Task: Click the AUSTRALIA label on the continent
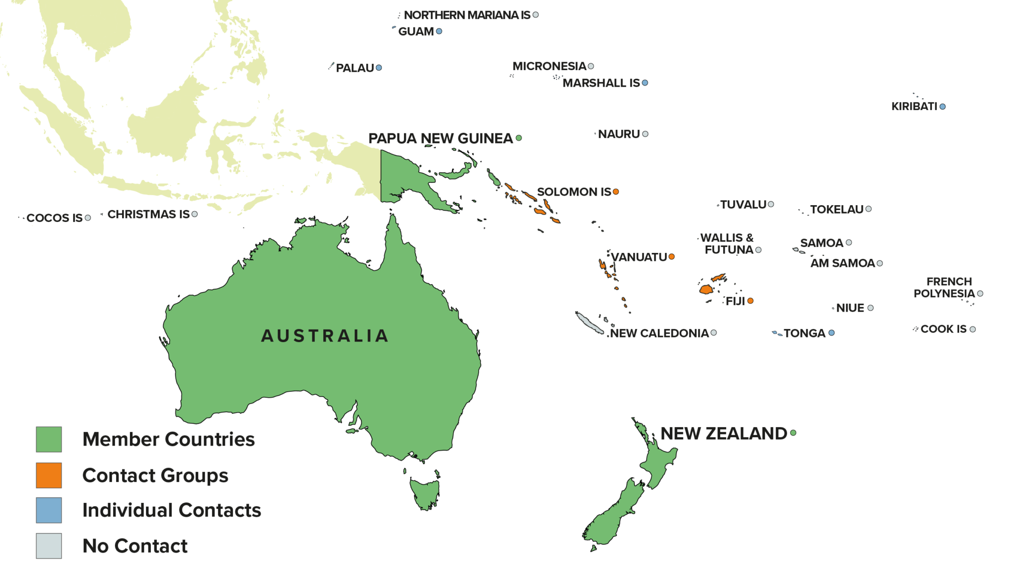click(325, 336)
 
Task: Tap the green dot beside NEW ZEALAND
click(793, 433)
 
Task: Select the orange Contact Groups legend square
click(49, 475)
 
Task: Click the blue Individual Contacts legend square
click(49, 510)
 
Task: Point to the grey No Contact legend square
click(49, 546)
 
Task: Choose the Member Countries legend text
click(168, 440)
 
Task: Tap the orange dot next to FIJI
click(750, 301)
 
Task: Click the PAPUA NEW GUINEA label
click(440, 138)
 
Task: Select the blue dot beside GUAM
click(439, 31)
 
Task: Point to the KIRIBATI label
click(914, 107)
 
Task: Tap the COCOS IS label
click(54, 218)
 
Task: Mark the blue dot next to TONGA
click(831, 333)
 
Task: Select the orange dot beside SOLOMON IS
click(616, 192)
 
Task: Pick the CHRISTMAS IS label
click(148, 215)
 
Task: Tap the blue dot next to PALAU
click(379, 68)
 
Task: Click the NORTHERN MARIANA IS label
click(467, 15)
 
